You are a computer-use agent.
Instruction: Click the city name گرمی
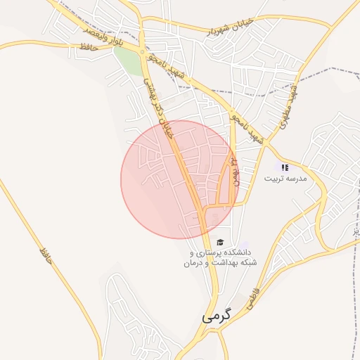pos(216,316)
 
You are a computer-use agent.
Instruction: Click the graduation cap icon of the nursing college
pos(221,241)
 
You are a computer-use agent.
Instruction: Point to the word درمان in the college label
pos(197,263)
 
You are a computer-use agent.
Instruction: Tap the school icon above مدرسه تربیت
pos(285,167)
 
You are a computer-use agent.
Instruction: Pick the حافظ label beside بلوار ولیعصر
pos(86,47)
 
